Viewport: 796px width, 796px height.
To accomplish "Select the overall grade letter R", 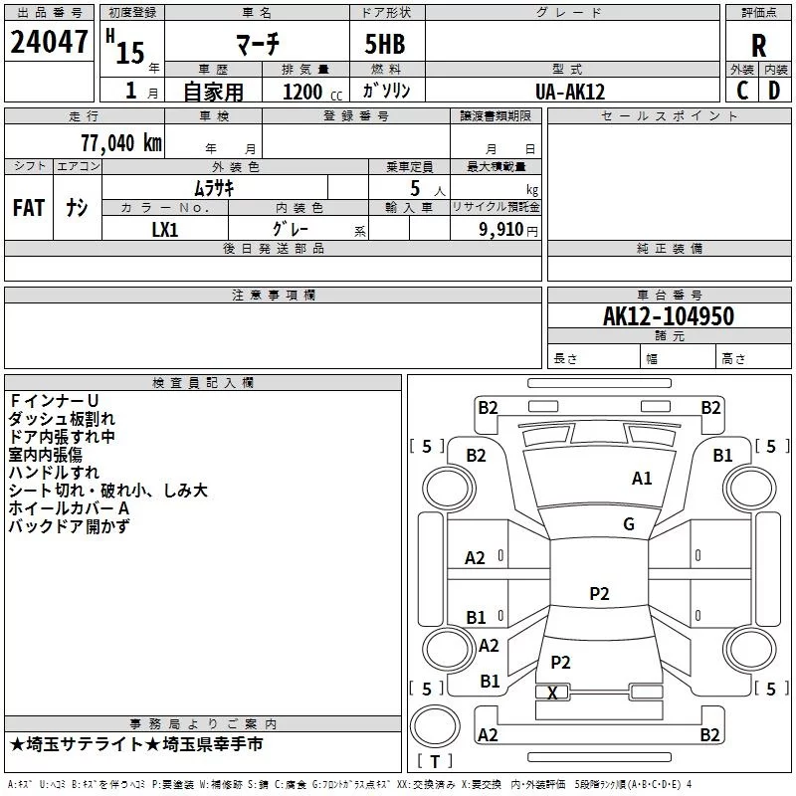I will point(758,46).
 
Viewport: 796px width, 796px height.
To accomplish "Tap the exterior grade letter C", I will point(741,91).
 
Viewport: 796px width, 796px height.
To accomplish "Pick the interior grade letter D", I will point(774,91).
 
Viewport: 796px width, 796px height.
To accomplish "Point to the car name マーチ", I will point(257,44).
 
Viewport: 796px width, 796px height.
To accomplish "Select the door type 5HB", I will point(377,45).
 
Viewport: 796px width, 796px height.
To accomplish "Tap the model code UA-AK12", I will point(570,92).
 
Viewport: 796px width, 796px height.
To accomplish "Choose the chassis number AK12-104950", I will point(669,316).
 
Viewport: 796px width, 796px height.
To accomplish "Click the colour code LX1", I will point(164,230).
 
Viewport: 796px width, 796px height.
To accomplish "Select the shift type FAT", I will point(28,208).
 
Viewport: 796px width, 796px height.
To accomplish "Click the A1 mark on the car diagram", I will point(642,479).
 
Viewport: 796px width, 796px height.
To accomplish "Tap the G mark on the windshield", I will point(629,524).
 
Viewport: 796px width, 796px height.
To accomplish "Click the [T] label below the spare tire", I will point(434,761).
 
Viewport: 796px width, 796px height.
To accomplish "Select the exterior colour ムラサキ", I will point(213,186).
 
